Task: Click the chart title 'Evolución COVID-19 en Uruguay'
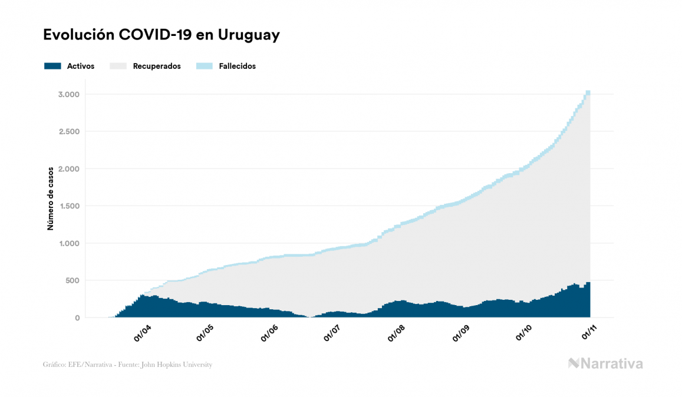[x=161, y=35]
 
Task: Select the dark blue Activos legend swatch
[x=52, y=66]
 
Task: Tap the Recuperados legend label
[x=157, y=66]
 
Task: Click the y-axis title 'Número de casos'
[x=51, y=198]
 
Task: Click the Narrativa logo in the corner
[x=605, y=363]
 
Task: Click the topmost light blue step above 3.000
[x=588, y=92]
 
